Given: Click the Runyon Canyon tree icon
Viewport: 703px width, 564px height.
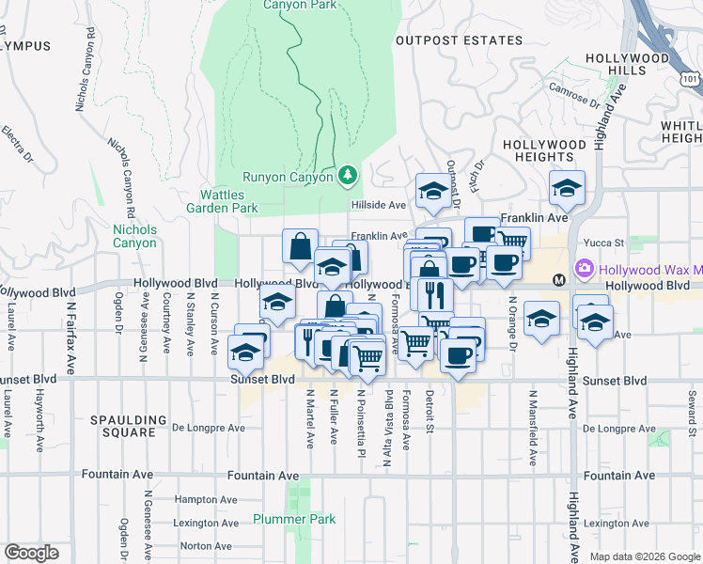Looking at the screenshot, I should click(x=348, y=176).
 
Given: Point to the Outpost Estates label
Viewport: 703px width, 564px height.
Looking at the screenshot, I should click(x=459, y=40).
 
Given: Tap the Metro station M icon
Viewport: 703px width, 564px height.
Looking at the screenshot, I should click(x=558, y=279).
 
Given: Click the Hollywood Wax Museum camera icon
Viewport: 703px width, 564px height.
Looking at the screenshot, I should click(x=585, y=269).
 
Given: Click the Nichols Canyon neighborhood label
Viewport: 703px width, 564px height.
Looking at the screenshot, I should click(x=135, y=235).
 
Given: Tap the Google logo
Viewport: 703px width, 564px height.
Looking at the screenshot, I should click(x=31, y=553).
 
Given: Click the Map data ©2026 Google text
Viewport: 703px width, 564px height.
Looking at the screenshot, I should click(x=643, y=556).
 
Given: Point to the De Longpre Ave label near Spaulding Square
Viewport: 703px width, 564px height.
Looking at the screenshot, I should click(x=210, y=429).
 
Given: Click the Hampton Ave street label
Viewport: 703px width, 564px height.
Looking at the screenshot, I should click(x=207, y=500).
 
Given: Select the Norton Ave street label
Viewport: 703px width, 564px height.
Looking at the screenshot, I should click(x=207, y=546).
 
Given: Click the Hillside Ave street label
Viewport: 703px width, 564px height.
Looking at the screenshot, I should click(x=378, y=205).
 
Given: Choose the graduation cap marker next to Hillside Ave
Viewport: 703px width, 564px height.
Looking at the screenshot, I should click(x=431, y=191).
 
